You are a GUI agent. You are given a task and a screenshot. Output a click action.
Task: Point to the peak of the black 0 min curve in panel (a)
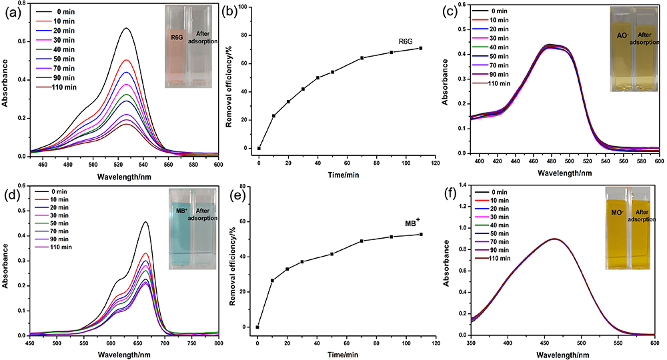click(x=126, y=29)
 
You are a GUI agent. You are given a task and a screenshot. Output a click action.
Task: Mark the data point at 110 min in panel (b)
click(x=421, y=48)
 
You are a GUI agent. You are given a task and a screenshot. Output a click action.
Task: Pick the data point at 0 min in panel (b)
click(x=259, y=148)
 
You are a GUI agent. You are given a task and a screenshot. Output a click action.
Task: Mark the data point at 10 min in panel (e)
click(x=273, y=281)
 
